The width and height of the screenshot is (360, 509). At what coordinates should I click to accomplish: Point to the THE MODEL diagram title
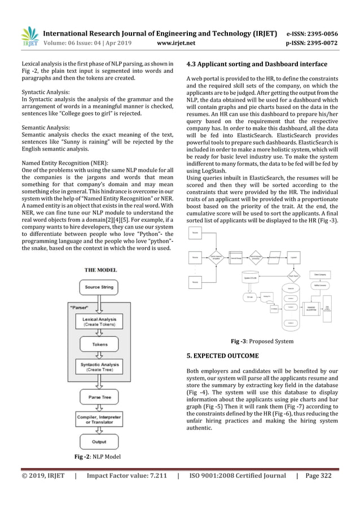click(x=100, y=270)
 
